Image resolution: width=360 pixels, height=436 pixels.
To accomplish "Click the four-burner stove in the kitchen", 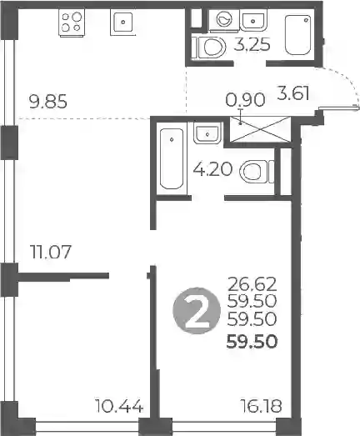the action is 72,23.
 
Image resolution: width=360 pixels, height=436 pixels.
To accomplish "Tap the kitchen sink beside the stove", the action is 122,22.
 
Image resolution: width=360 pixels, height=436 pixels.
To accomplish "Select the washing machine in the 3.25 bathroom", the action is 224,19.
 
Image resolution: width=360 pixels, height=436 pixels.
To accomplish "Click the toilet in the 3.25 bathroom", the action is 212,47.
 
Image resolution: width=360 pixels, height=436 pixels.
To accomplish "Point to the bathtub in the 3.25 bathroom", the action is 297,35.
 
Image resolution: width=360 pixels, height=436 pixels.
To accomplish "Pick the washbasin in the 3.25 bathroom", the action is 253,20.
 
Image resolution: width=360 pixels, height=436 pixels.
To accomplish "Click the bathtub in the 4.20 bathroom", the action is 172,158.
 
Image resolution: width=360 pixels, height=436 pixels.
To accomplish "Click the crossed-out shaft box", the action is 260,129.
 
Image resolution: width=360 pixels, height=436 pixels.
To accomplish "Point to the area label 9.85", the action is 47,102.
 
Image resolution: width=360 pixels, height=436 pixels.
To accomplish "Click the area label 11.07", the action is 50,252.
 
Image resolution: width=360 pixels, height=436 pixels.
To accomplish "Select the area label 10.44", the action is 119,406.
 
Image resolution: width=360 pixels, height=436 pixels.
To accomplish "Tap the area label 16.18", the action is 261,406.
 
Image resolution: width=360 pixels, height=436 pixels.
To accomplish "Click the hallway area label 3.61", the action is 293,93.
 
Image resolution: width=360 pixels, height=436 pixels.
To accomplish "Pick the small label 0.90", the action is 245,100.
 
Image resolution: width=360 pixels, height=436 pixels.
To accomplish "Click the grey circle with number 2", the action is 197,310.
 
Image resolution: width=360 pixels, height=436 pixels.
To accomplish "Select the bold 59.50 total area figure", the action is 252,342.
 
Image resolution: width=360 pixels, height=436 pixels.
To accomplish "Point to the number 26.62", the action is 252,284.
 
